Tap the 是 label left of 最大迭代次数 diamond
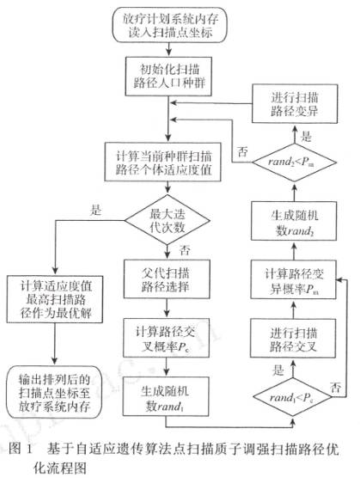coord(95,208)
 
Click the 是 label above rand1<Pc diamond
coord(254,371)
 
